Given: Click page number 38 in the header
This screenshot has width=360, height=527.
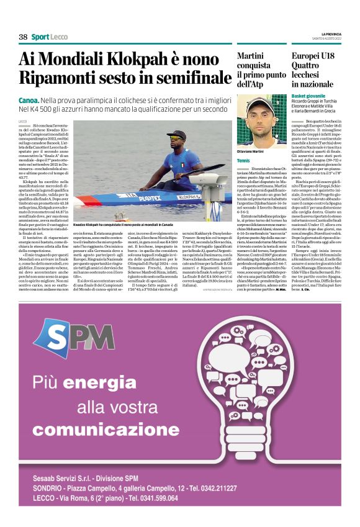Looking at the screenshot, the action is coord(24,37).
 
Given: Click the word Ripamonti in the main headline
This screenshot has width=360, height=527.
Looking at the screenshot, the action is coord(60,79).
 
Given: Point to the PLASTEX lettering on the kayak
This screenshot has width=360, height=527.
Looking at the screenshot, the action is coord(150,199).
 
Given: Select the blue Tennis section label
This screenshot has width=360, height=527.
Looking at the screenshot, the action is coord(243,161).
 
